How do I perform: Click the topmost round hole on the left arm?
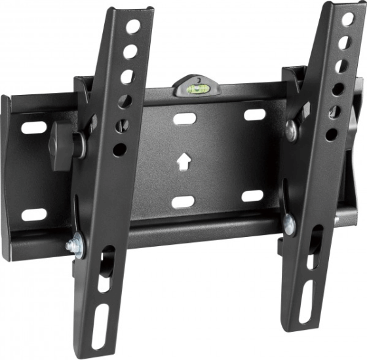133,27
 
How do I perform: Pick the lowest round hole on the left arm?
120,149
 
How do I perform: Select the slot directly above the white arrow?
185,119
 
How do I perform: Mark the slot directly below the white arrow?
183,201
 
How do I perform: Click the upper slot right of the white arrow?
254,115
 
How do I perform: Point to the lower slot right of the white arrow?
252,196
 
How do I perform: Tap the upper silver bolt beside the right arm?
292,130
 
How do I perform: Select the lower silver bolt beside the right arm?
289,224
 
